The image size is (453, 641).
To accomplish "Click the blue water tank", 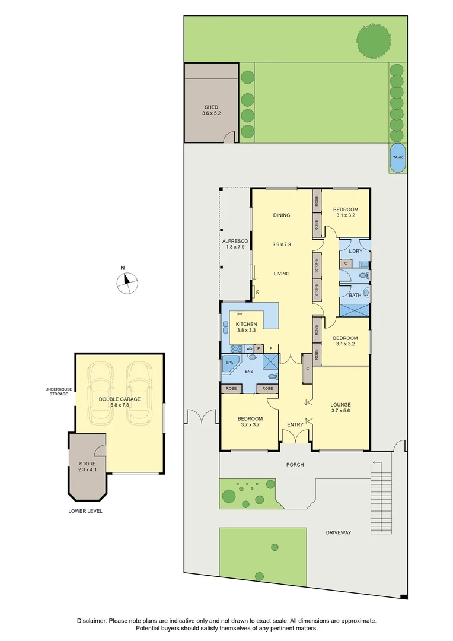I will [x=398, y=157].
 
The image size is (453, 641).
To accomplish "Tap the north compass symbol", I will [x=126, y=283].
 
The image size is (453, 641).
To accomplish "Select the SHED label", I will [x=211, y=107].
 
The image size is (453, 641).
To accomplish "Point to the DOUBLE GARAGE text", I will [x=120, y=399].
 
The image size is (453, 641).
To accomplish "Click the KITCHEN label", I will [x=246, y=324].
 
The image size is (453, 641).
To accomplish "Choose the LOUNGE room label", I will [x=340, y=405].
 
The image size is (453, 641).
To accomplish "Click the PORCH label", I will [x=295, y=464].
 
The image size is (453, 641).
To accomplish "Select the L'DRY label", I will [x=355, y=251].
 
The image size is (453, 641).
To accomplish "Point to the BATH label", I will [x=355, y=295].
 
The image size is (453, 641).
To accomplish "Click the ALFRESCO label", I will [x=234, y=240].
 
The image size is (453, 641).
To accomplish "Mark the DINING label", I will [x=282, y=215].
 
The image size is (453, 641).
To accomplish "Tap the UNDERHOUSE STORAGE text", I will [x=59, y=391].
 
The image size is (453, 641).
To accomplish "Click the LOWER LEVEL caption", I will [x=85, y=510].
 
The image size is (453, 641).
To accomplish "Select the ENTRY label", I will [x=295, y=424].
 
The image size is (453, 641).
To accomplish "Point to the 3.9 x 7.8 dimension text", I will [x=282, y=245].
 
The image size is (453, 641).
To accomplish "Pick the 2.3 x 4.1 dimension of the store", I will [x=87, y=469].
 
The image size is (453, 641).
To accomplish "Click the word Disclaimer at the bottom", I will [x=91, y=620].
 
